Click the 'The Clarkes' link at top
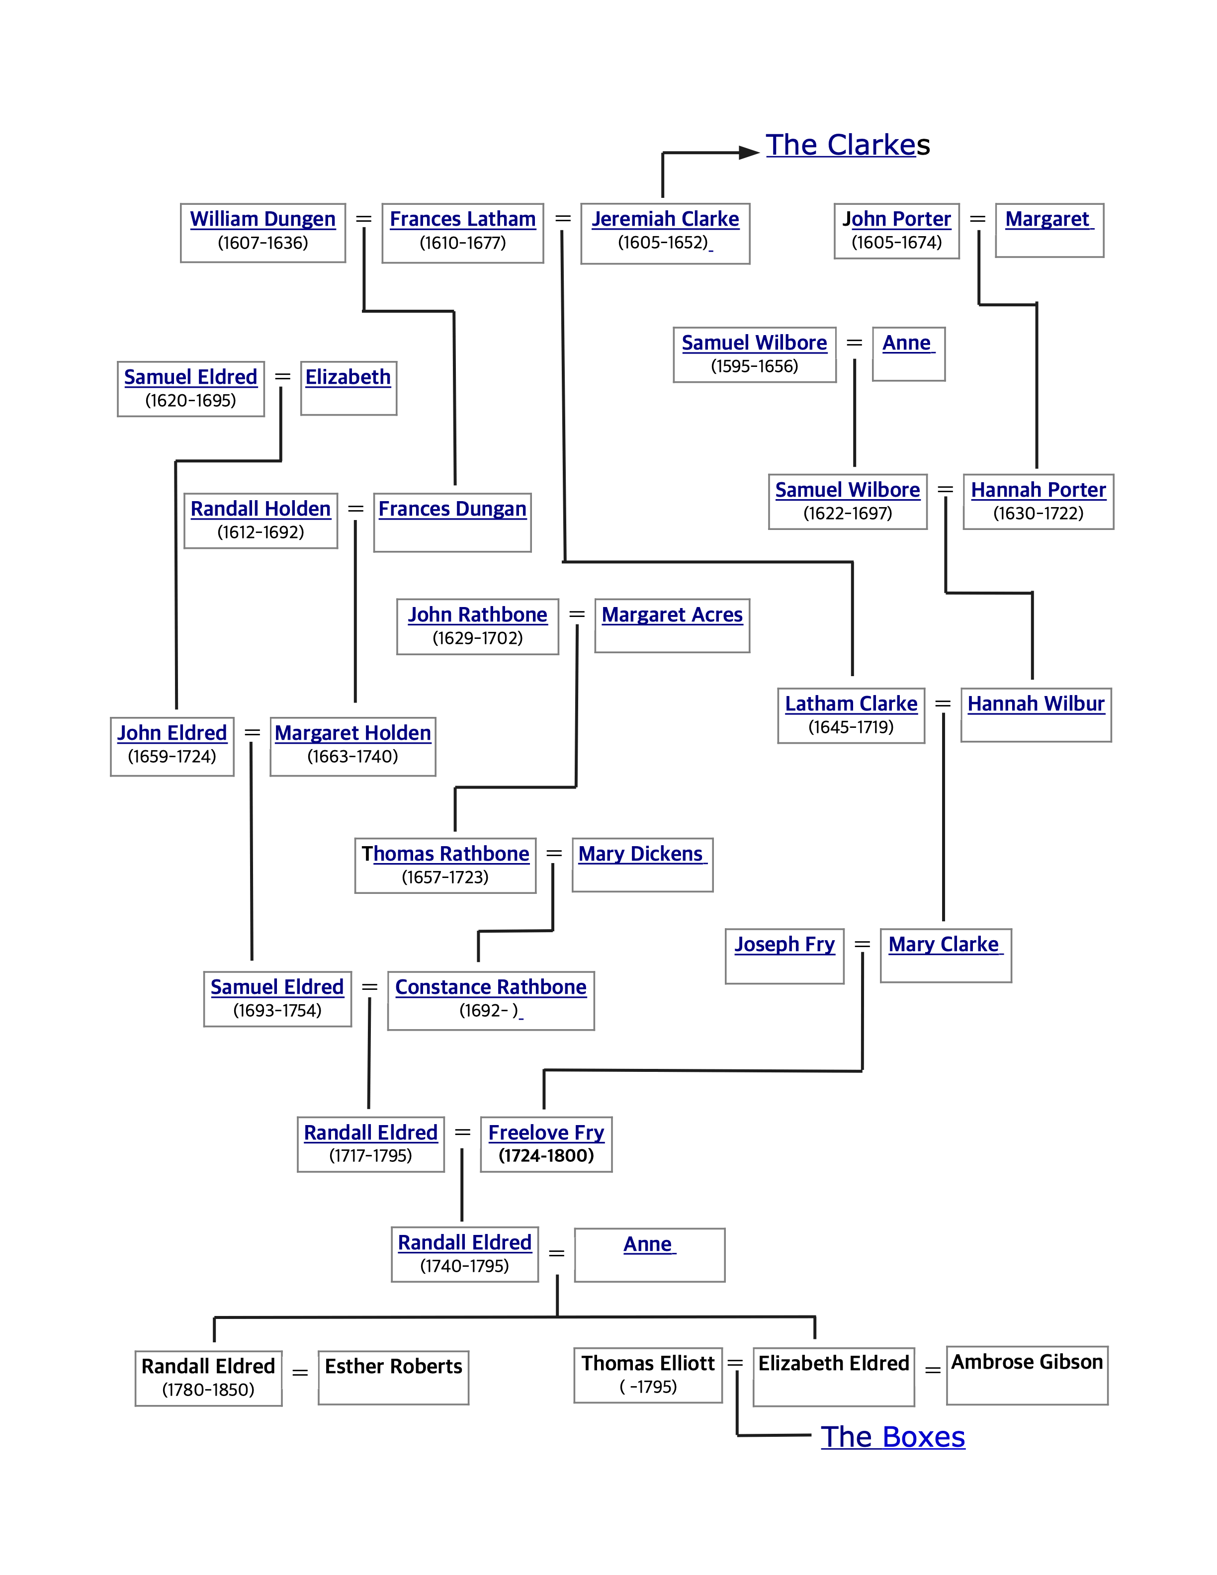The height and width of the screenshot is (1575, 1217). [x=847, y=145]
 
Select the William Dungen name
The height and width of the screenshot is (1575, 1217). [x=262, y=219]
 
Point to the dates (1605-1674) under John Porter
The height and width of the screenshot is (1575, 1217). [x=896, y=242]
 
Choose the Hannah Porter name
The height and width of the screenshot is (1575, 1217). [x=1038, y=490]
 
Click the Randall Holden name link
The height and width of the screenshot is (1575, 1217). [x=261, y=509]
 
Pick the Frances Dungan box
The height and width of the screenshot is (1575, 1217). [x=452, y=522]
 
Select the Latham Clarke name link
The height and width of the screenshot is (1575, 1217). [x=851, y=704]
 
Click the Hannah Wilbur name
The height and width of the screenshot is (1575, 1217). [x=1036, y=704]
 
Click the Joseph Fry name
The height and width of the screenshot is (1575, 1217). [x=784, y=944]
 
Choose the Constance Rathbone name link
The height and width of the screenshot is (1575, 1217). [x=490, y=987]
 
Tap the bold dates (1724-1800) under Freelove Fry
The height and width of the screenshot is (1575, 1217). [x=546, y=1156]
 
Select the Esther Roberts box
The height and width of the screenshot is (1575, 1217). [x=393, y=1378]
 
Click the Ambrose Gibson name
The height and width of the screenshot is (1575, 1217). [x=1027, y=1362]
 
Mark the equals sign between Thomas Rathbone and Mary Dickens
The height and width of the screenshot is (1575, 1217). [x=554, y=854]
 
